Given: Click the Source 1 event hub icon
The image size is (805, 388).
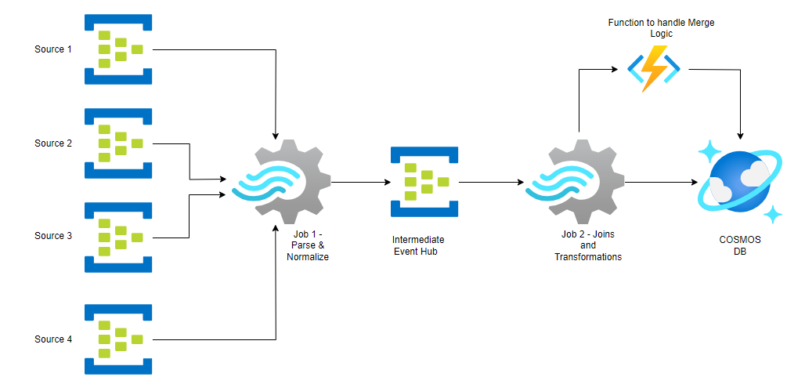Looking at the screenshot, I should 118,49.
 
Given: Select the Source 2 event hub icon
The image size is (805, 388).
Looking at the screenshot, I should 118,143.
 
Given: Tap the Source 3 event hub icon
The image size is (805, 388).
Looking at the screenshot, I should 118,236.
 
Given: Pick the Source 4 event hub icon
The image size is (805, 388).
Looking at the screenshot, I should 118,339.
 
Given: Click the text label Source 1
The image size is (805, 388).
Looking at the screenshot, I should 53,49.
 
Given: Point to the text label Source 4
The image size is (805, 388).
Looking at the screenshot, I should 53,339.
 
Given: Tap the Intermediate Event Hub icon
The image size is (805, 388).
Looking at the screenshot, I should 424,182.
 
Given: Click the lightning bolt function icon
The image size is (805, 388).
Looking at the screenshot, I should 654,69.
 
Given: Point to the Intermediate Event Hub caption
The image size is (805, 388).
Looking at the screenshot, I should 418,245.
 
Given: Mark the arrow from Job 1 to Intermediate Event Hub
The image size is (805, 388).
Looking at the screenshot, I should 360,182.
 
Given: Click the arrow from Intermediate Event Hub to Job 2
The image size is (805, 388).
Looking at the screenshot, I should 491,182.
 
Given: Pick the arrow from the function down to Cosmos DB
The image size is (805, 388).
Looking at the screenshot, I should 741,102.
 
